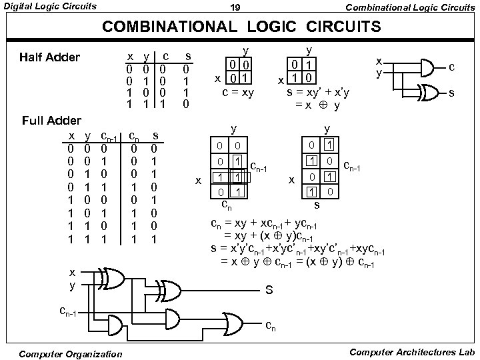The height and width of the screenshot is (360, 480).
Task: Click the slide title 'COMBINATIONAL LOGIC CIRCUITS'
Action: pos(241,27)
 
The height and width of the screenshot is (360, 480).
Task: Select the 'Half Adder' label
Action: pos(49,57)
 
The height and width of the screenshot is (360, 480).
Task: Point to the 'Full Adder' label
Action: pos(52,121)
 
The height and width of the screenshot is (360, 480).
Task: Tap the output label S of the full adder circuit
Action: pos(269,291)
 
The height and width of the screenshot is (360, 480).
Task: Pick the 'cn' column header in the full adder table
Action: pos(133,137)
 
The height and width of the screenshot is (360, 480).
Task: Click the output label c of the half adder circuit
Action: pos(452,67)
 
